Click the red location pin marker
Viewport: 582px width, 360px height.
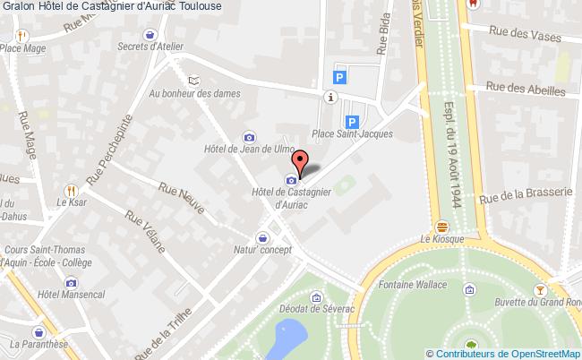[302, 162]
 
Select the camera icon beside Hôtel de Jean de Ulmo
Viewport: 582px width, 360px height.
[249, 137]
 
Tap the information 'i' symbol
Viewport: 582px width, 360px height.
[333, 97]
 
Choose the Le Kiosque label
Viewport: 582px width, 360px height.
[441, 240]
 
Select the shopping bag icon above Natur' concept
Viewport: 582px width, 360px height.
[262, 237]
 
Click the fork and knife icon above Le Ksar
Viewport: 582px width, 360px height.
[71, 191]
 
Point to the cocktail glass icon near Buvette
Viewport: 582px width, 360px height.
[540, 290]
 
